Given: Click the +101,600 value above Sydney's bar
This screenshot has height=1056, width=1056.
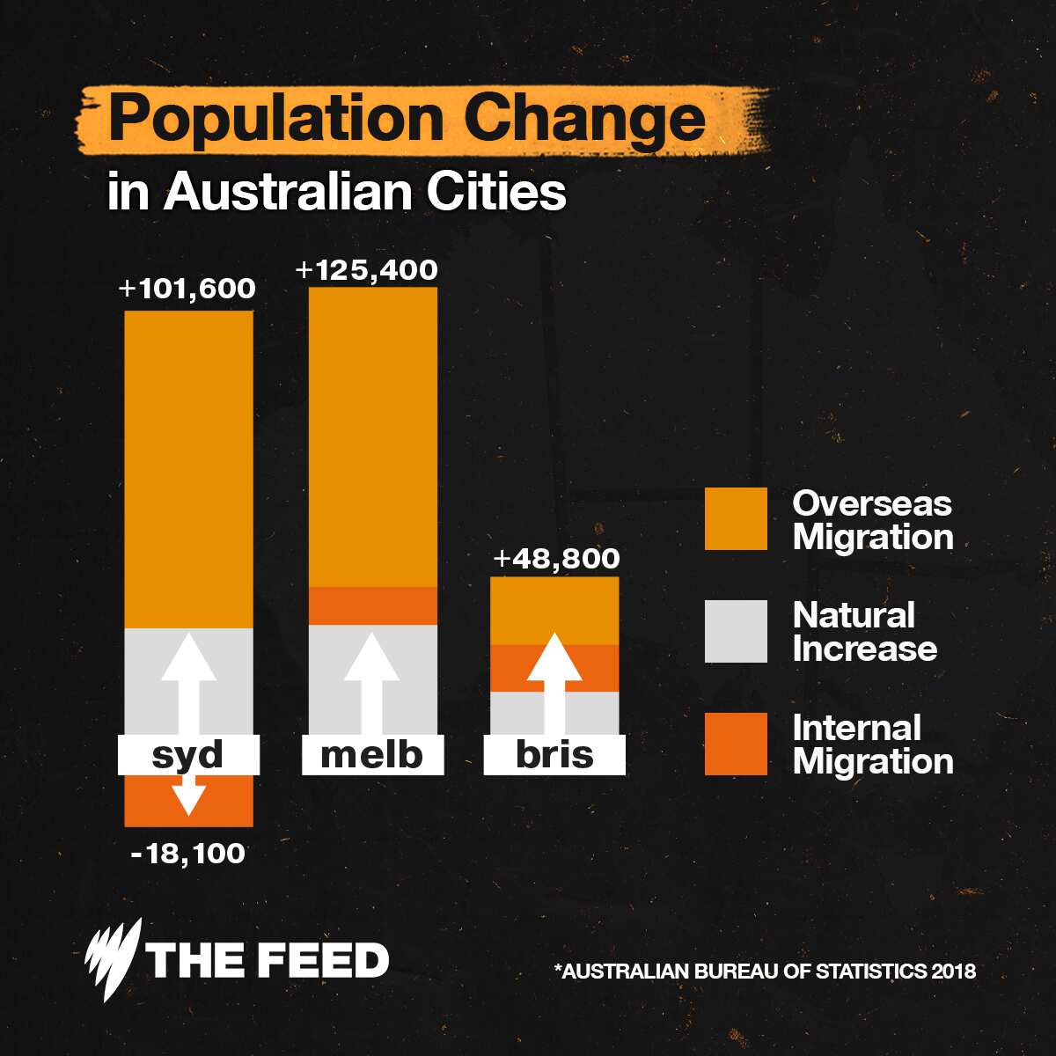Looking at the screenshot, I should point(187,290).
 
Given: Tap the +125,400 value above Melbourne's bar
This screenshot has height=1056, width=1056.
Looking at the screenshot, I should point(366,270).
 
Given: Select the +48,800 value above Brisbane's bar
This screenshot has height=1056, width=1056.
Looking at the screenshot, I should point(556,559).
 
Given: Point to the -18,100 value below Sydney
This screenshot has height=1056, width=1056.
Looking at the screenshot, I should point(187,853).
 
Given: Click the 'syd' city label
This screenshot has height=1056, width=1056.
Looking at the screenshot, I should point(188,755).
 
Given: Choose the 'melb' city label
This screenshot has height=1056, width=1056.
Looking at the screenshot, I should point(371,755).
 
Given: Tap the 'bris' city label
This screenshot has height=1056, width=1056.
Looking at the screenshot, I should point(554,755).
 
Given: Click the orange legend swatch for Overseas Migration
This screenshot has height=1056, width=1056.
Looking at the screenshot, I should point(736,519).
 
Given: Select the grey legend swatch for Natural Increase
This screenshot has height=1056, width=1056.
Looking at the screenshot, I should point(736,631).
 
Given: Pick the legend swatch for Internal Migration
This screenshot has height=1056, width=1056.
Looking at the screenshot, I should point(736,744).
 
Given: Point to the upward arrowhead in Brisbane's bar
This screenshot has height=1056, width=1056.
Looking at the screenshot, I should point(554,656).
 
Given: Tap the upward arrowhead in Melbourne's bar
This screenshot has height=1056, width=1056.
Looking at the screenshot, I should point(370,656).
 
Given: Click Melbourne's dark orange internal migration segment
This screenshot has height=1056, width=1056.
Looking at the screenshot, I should point(372,605).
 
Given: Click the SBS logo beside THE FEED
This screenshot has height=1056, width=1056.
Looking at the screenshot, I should point(114,960).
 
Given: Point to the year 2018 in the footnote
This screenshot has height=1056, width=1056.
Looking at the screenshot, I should point(954,972).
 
